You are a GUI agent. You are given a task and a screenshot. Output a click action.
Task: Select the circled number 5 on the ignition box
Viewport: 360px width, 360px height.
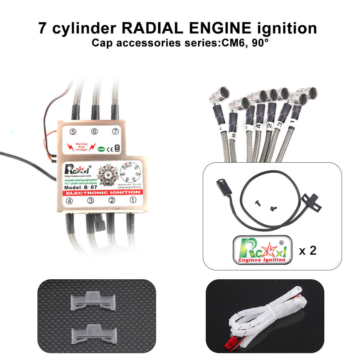coord(73,132)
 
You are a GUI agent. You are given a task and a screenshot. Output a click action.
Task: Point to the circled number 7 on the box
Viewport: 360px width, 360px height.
coord(115,132)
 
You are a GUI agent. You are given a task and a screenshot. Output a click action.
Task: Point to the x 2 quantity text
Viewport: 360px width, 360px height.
coord(307,250)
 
